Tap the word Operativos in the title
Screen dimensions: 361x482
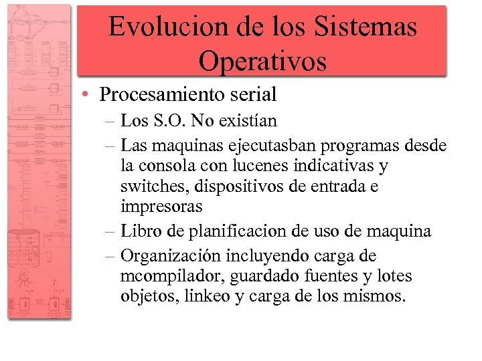pyautogui.click(x=262, y=61)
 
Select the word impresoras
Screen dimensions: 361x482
pyautogui.click(x=161, y=207)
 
